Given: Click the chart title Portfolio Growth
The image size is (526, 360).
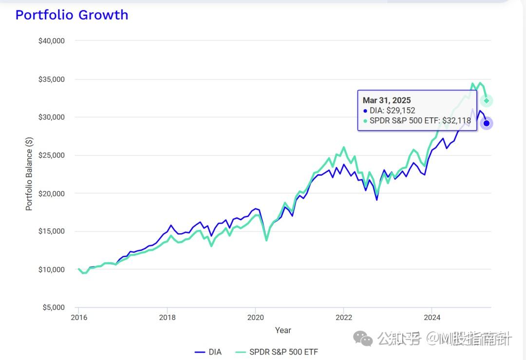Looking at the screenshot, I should (72, 15).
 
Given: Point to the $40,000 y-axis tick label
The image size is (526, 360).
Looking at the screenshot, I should (51, 41).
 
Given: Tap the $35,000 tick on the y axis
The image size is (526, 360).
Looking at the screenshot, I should (51, 79).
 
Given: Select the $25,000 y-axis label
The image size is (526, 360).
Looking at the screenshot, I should (51, 155).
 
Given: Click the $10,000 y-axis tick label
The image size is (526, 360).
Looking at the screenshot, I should (51, 269).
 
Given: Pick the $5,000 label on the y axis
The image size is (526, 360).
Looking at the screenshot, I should (53, 307).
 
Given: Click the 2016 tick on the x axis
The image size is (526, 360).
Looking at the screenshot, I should (79, 318).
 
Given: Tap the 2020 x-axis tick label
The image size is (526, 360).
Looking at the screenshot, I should (255, 318).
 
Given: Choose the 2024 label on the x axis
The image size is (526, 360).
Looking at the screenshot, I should (432, 318).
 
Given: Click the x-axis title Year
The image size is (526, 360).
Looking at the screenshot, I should (283, 330).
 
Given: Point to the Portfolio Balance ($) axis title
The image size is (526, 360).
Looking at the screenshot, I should (29, 174).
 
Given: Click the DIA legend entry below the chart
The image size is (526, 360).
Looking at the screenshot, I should (208, 352).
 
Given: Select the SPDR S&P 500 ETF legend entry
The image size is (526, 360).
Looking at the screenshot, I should (277, 352).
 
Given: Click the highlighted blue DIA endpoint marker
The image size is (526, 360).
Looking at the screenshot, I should (486, 123).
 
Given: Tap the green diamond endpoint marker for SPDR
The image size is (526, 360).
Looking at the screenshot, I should (486, 101).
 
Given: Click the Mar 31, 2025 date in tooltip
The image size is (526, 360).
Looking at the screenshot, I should (387, 100).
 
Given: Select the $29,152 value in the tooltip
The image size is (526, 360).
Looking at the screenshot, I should (401, 111).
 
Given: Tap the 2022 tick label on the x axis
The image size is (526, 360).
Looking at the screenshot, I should (343, 318).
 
